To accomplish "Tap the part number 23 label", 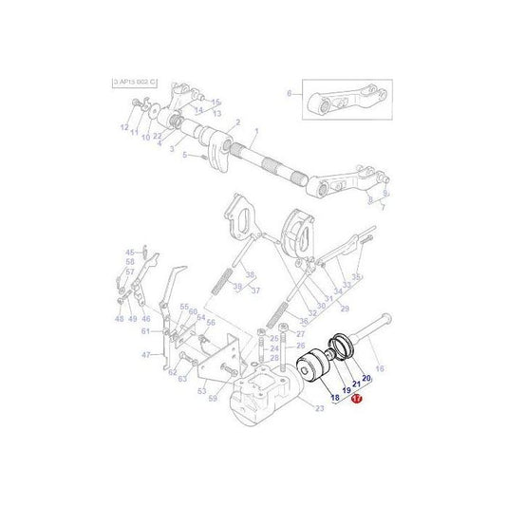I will click(320, 409).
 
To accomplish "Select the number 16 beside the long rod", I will click(380, 368).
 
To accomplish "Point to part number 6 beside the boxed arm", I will click(289, 93).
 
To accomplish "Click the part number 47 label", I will click(147, 354).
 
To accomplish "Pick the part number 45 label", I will click(130, 252).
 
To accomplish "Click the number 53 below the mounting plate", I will click(201, 390).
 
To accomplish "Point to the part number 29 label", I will click(345, 309).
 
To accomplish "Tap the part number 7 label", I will click(384, 205).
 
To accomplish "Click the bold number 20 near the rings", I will click(365, 379).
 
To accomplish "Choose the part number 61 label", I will click(145, 331).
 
